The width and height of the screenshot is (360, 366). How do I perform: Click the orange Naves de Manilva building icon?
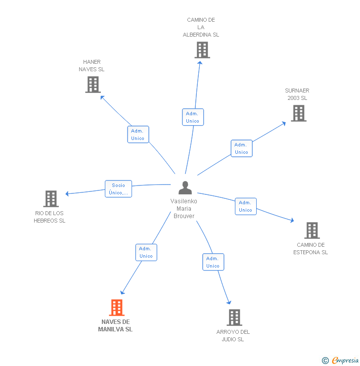coord(117,308)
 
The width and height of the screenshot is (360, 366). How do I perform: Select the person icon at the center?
coord(185,188)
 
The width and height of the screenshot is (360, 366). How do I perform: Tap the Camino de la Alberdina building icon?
coord(202,50)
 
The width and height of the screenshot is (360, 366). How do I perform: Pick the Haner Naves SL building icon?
coord(93,85)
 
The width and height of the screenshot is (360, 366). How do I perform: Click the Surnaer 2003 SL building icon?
coord(298,113)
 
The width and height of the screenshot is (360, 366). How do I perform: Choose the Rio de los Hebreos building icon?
coord(51,199)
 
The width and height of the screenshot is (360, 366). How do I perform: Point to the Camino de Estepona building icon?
coord(312,230)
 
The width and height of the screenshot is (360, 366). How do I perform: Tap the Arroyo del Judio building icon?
coord(234,318)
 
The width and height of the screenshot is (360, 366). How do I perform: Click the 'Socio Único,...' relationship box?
coord(118,189)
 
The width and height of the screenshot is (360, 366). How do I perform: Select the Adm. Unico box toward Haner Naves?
coord(137,135)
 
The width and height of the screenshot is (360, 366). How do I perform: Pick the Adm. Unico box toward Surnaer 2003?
coord(241,148)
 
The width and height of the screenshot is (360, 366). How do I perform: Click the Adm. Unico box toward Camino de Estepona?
coord(245,206)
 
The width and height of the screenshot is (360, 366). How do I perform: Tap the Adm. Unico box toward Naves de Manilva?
coord(146,252)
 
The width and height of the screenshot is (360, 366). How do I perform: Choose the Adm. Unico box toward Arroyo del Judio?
coord(213,262)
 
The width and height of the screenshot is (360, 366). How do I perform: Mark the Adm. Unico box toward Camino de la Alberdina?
coord(192,117)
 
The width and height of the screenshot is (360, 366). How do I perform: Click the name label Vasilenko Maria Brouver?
coord(183,209)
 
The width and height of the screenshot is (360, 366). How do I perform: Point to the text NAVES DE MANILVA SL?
coord(115,325)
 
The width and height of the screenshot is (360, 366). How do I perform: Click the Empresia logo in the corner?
coord(345,361)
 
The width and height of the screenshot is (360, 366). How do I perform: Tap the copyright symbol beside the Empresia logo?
coord(325,361)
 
